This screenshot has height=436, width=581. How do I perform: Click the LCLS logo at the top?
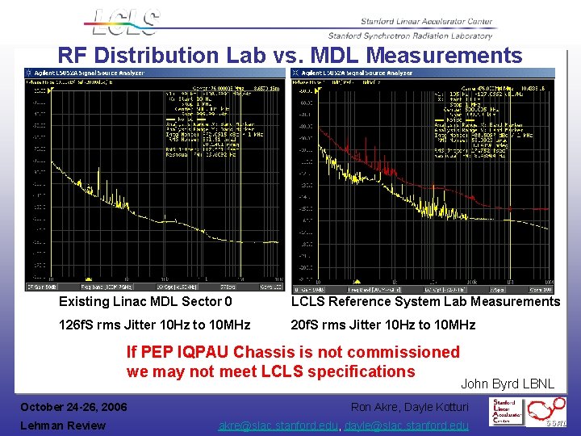click(x=126, y=23)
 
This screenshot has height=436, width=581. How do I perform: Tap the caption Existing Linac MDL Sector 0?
click(x=145, y=302)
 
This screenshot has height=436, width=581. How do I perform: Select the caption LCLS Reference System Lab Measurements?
click(x=425, y=302)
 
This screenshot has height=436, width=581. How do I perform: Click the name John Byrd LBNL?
click(x=508, y=384)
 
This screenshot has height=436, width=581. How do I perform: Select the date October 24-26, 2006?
click(x=73, y=406)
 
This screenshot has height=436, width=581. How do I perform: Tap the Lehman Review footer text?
click(x=63, y=426)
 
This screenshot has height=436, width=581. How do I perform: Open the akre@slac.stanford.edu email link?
click(x=279, y=426)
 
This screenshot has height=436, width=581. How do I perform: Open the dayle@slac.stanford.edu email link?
click(x=407, y=426)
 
